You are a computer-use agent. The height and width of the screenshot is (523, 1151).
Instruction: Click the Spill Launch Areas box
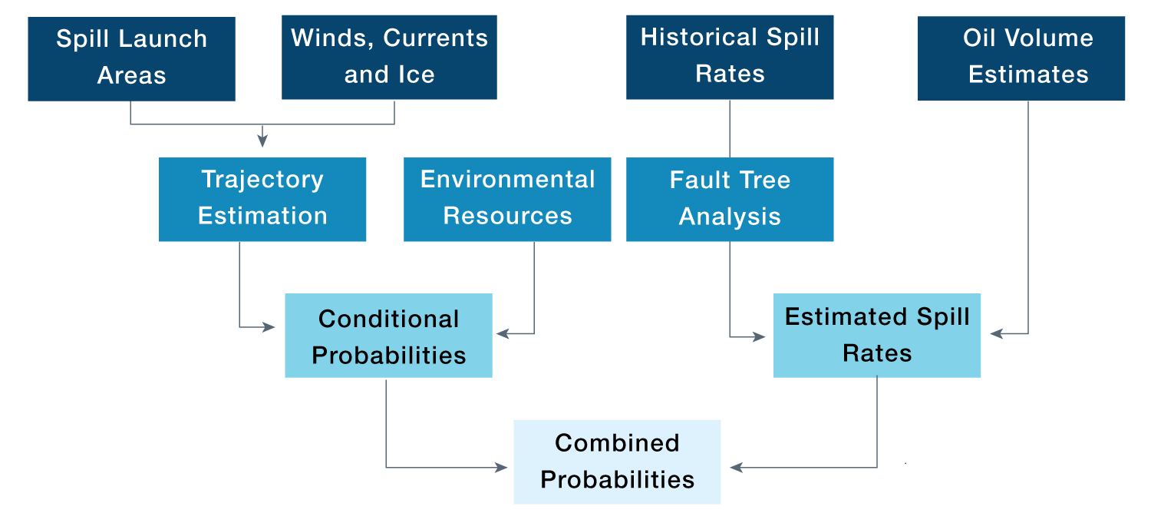tap(131, 58)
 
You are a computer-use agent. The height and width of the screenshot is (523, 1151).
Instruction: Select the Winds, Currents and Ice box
tap(389, 57)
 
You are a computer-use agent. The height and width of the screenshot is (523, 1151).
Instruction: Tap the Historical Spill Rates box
tap(730, 57)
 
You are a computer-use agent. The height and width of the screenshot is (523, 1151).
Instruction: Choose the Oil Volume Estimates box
tap(1021, 58)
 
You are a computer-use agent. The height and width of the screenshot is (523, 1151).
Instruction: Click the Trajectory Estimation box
tap(262, 199)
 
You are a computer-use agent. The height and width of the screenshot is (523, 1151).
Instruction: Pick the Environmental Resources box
tap(507, 199)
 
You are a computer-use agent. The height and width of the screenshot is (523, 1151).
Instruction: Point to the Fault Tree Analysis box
tap(730, 199)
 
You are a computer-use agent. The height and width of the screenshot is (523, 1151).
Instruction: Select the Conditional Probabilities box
tap(388, 336)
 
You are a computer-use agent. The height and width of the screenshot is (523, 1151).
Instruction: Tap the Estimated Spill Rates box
tap(876, 336)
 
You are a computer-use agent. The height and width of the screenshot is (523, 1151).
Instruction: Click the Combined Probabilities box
tap(617, 462)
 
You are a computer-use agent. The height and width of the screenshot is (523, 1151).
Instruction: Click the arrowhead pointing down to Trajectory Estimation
tap(262, 141)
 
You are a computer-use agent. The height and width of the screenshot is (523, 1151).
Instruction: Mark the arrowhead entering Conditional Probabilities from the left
tap(269, 327)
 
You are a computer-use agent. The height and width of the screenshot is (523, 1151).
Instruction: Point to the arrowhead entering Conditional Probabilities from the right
tap(503, 333)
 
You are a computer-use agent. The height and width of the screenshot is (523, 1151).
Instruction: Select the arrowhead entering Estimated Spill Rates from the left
tap(760, 336)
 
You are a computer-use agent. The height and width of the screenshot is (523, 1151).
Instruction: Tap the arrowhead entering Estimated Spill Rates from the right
tap(996, 333)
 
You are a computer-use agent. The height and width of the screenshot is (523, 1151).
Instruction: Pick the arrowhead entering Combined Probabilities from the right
tap(736, 467)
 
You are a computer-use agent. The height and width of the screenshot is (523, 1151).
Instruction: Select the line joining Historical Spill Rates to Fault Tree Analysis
tap(730, 128)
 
